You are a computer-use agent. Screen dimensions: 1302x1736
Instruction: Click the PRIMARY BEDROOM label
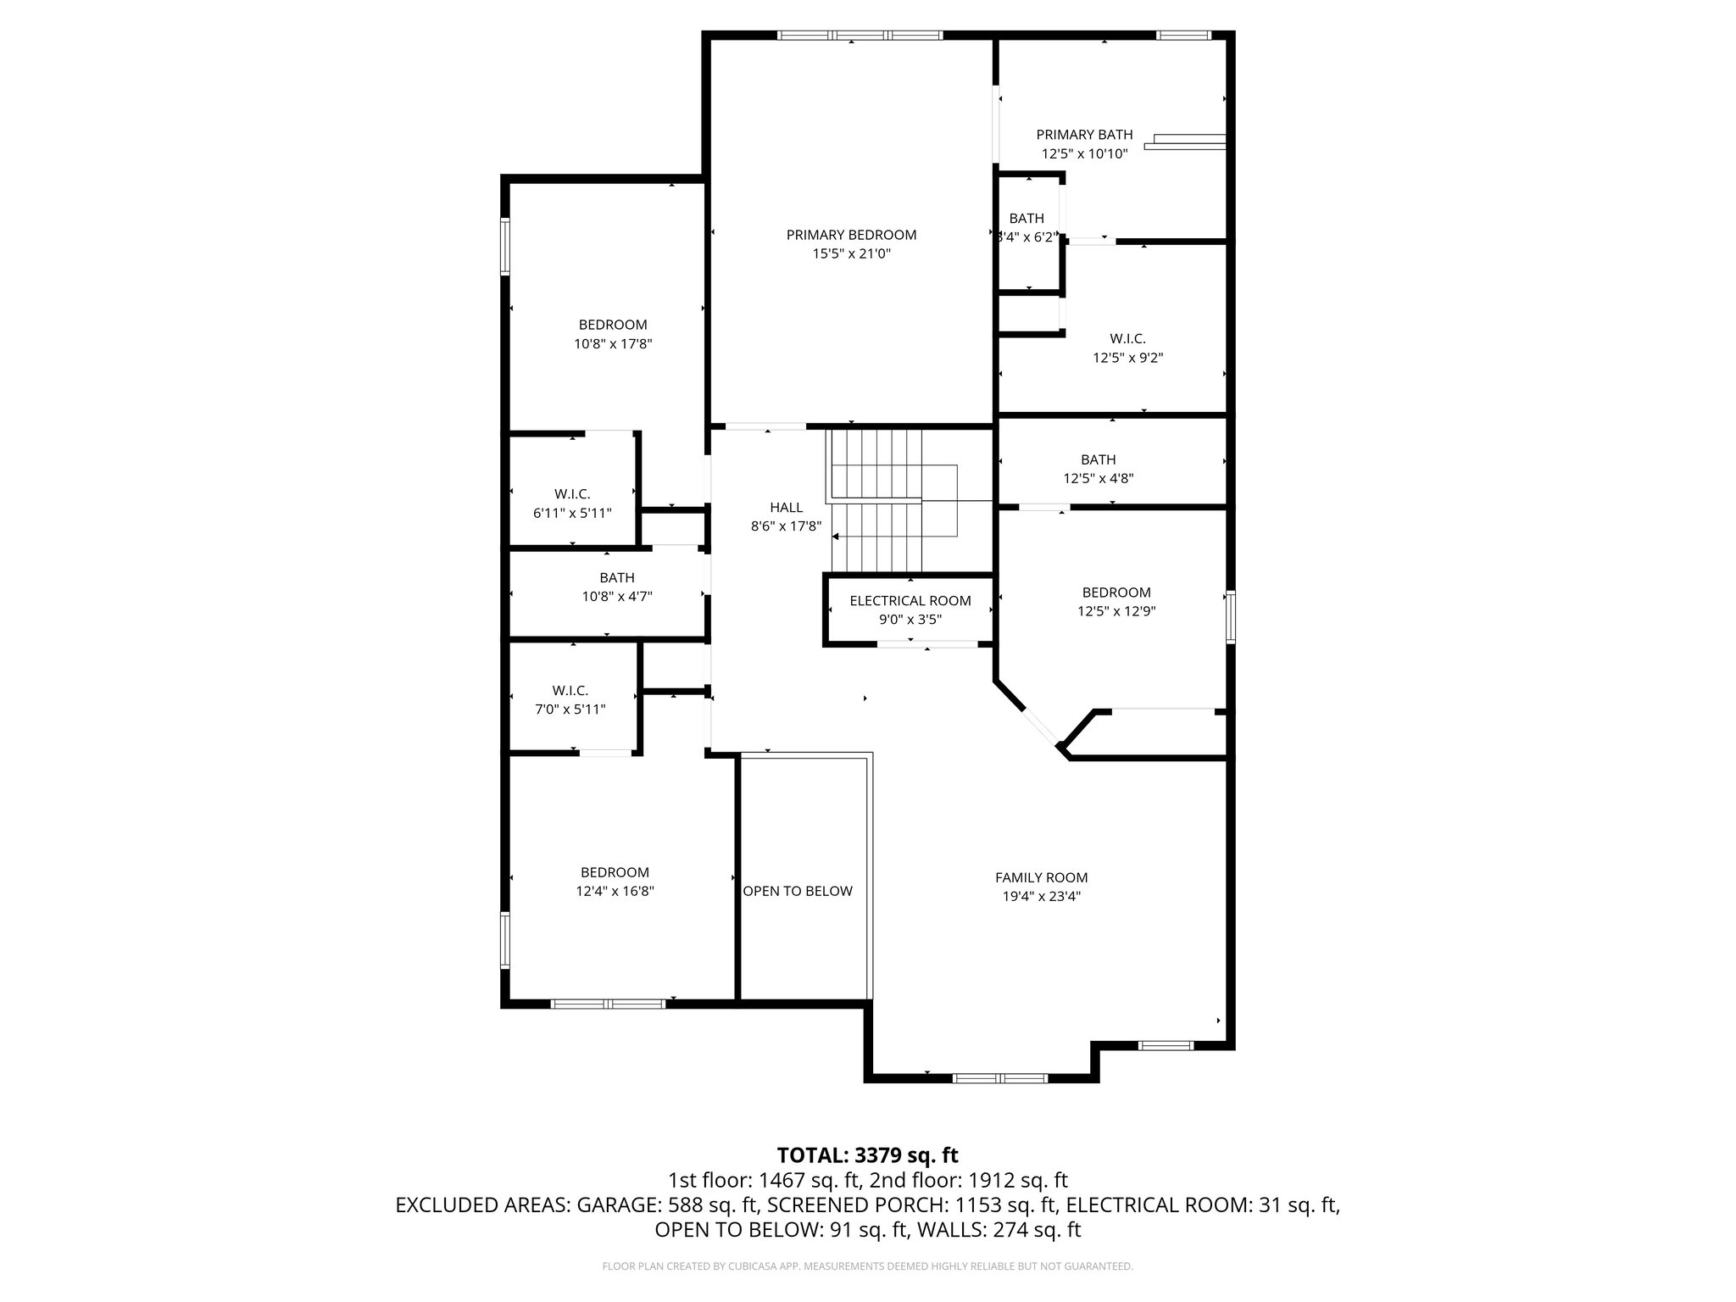(x=851, y=235)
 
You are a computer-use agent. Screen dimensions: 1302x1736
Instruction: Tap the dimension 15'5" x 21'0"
(x=851, y=253)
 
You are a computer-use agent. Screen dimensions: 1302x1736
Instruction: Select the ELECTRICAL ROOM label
(x=910, y=601)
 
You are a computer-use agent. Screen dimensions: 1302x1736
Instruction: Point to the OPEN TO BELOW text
(x=798, y=891)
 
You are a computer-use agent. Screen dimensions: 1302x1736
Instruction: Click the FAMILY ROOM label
(x=1041, y=877)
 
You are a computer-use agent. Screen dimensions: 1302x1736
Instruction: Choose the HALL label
(x=786, y=508)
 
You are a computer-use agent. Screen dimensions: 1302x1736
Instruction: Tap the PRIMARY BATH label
(x=1084, y=135)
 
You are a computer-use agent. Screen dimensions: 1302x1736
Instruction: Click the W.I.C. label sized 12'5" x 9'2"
(x=1127, y=339)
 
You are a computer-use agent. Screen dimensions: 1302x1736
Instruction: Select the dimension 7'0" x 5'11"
(x=570, y=709)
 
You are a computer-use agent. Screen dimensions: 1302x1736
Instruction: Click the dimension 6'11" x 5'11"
(x=572, y=513)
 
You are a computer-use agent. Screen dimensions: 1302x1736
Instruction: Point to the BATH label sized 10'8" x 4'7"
(x=616, y=578)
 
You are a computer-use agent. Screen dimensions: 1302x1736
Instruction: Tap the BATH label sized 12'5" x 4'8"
(x=1098, y=459)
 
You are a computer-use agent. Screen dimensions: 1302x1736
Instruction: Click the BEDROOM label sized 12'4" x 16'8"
(x=615, y=872)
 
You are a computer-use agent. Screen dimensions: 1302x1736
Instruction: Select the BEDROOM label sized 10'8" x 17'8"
(x=613, y=325)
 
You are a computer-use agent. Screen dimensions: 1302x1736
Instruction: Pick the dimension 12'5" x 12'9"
(x=1116, y=611)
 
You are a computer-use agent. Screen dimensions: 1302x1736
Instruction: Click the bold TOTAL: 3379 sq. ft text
(x=867, y=1155)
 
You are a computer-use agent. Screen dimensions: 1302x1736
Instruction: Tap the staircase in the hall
(x=877, y=500)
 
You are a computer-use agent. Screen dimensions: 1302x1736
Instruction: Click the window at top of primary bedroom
(x=860, y=36)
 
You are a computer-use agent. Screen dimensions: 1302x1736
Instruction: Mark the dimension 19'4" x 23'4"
(x=1041, y=897)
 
